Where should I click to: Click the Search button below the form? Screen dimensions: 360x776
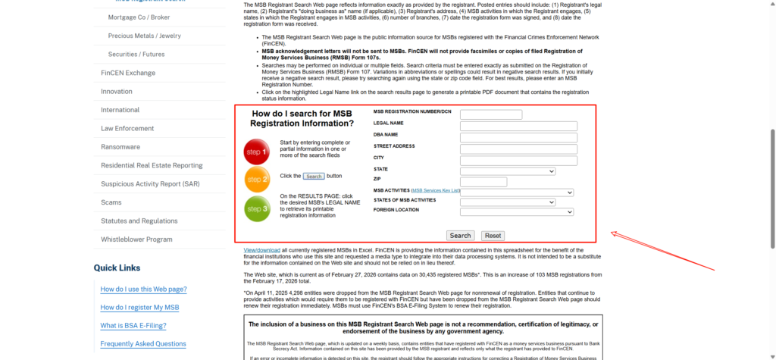460,236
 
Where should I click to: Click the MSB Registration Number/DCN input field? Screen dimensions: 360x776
490,114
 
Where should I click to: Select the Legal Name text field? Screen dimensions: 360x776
518,126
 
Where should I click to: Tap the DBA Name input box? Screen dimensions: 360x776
518,137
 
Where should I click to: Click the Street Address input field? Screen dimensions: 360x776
518,149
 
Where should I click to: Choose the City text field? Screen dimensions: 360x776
518,160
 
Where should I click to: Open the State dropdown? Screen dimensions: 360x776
508,171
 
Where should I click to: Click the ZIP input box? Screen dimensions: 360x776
483,182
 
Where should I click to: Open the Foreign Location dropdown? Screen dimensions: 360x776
516,212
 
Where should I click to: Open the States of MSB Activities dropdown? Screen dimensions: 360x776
508,202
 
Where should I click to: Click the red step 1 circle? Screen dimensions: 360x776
257,152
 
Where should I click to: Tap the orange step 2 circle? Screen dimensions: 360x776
257,180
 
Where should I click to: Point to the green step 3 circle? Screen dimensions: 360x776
257,208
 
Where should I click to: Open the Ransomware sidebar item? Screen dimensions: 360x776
120,147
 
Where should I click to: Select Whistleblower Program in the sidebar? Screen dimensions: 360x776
136,239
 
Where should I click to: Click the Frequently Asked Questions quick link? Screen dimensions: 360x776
143,343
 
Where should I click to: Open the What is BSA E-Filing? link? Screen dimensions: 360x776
133,325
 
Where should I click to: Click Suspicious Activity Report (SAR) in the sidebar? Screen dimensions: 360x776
150,184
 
